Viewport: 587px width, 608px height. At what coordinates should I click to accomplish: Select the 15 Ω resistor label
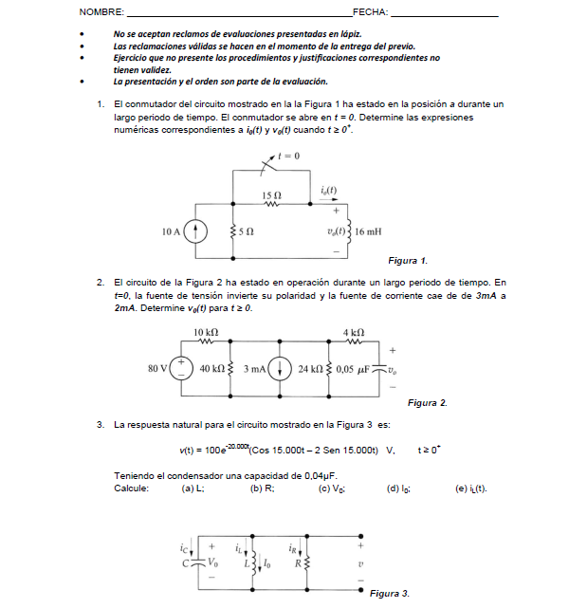271,193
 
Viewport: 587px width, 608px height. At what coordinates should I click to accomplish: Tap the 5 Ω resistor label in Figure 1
246,230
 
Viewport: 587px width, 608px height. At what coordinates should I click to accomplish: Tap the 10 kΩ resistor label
206,332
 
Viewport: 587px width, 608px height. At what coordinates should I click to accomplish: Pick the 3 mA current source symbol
281,368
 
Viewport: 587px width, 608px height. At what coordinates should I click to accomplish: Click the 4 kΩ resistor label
353,332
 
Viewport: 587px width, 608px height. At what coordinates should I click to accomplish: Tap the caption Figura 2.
427,403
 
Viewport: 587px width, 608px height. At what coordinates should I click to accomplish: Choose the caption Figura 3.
389,593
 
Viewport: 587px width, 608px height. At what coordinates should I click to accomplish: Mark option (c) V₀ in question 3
332,488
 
